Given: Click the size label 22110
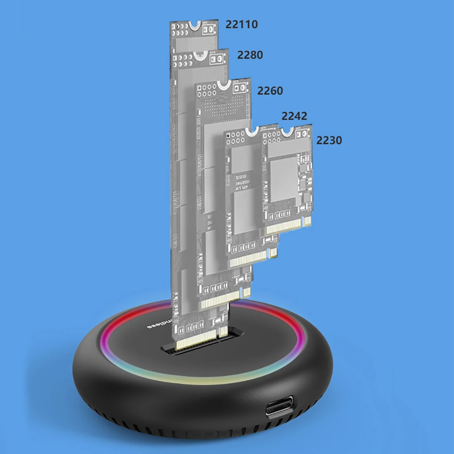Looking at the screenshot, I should [x=242, y=24].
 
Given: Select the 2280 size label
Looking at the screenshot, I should [x=250, y=55].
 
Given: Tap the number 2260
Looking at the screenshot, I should [x=270, y=91].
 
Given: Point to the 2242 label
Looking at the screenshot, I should [x=294, y=116].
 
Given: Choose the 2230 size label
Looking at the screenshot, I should [x=329, y=141].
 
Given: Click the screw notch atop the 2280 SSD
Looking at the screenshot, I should [x=200, y=55].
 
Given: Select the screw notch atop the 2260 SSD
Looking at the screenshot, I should [x=224, y=85].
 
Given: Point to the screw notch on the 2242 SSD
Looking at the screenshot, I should [x=253, y=131].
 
